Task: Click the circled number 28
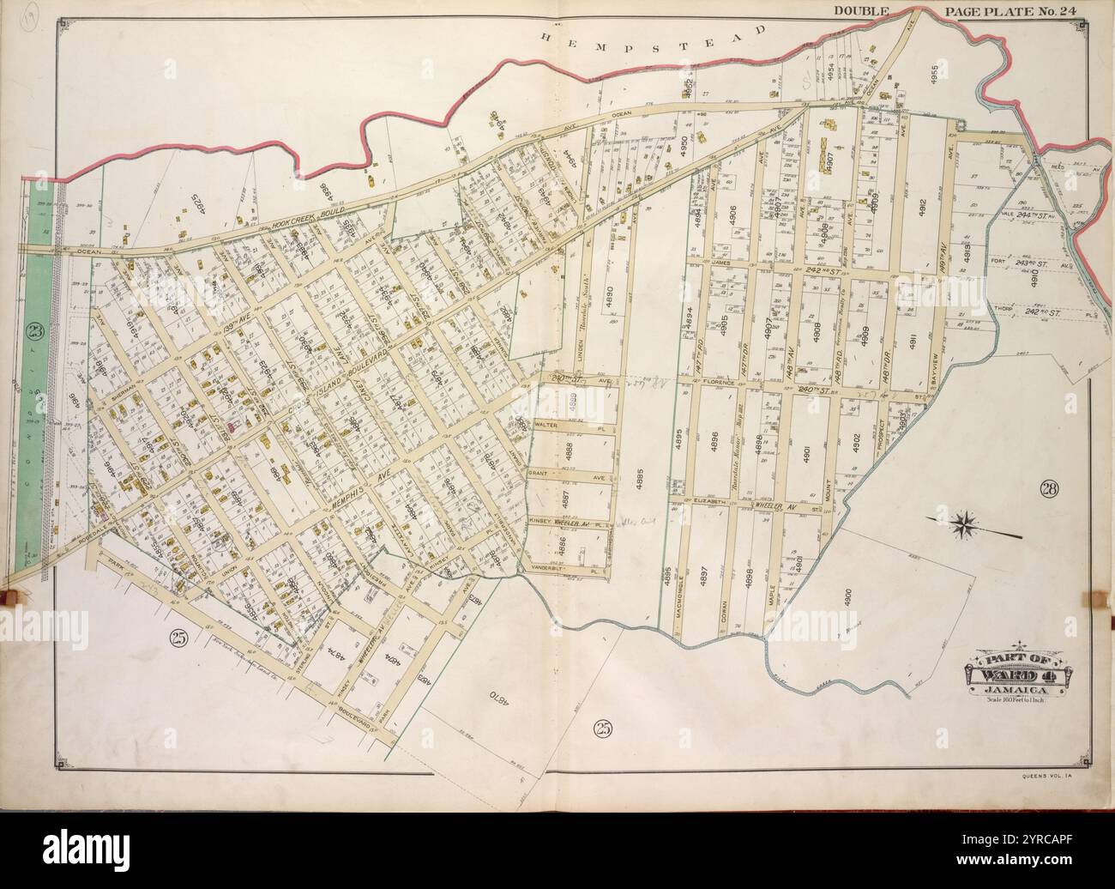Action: [x=1049, y=490]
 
